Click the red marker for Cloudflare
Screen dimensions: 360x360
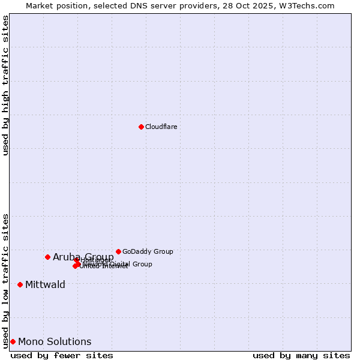[x=141, y=127]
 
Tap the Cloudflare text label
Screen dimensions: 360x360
[x=161, y=127]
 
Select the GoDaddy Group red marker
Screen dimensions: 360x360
[x=118, y=251]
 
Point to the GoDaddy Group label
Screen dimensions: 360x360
[x=148, y=251]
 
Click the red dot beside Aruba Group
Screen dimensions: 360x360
[x=47, y=257]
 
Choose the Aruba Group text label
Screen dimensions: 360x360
[x=83, y=257]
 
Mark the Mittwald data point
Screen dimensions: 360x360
[x=20, y=284]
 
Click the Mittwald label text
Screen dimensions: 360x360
[x=45, y=284]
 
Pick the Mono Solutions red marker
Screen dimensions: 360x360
[x=13, y=341]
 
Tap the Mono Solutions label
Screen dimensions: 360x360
[x=55, y=341]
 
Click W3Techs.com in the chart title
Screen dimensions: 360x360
[x=309, y=5]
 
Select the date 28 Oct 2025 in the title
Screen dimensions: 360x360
[x=253, y=5]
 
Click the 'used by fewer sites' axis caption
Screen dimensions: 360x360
[x=62, y=355]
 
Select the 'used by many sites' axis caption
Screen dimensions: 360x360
[x=301, y=355]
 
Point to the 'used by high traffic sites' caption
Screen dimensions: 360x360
[x=5, y=85]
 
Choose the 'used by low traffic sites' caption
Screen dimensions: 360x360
[x=5, y=280]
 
